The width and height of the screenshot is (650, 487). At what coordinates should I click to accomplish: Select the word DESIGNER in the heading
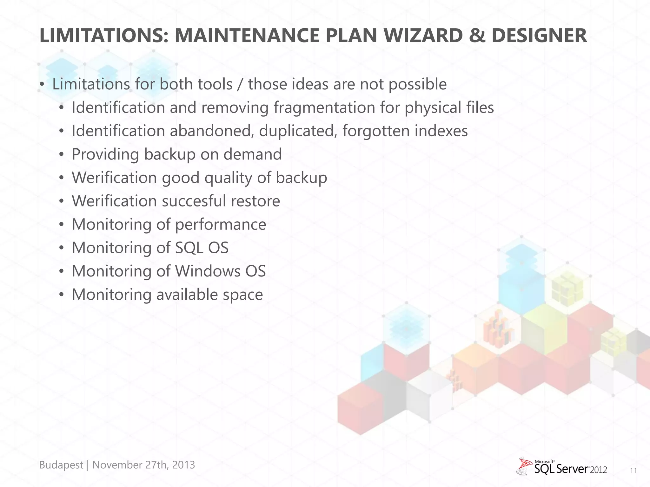[x=539, y=36]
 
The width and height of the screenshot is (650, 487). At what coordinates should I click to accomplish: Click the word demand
[x=252, y=154]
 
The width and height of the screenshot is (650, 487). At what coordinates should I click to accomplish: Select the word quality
[x=229, y=178]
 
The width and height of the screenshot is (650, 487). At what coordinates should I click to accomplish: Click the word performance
[x=221, y=224]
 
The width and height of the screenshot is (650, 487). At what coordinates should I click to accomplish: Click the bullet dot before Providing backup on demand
[x=62, y=155]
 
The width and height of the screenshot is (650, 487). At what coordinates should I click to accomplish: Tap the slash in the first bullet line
[x=240, y=84]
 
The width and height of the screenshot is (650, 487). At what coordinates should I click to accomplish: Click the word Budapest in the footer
[x=61, y=465]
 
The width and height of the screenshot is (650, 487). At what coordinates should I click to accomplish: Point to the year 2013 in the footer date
[x=183, y=465]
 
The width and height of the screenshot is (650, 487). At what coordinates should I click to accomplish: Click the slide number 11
[x=633, y=471]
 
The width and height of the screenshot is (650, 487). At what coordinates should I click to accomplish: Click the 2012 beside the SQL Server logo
[x=598, y=470]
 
